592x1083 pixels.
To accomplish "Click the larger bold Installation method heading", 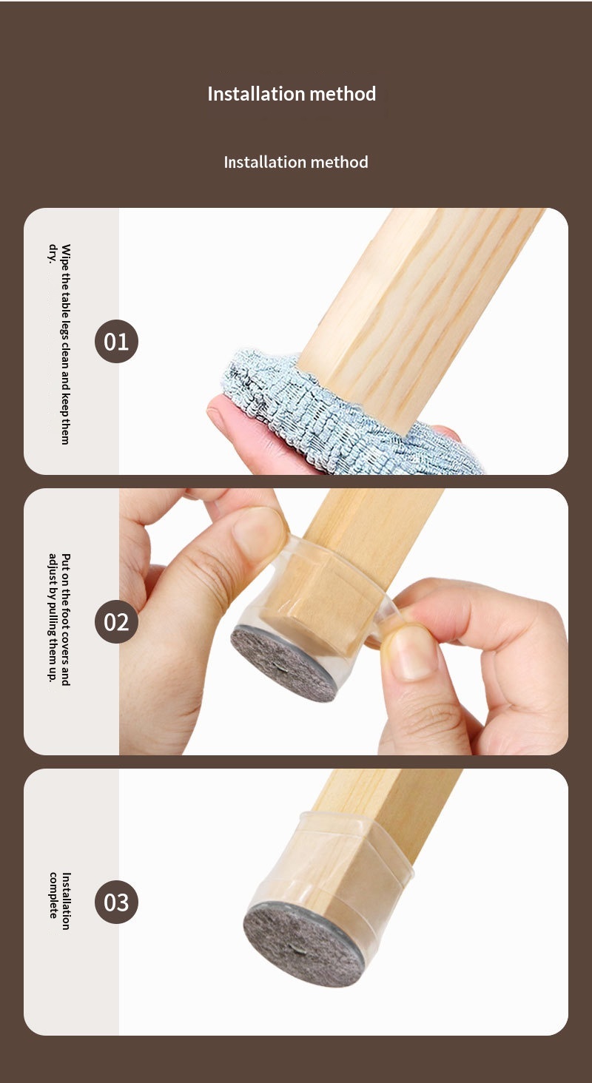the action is pos(292,94).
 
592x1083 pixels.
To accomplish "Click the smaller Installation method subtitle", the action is pos(296,162).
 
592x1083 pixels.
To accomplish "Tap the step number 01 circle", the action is pos(117,341).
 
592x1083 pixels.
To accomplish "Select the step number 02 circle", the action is pos(117,621).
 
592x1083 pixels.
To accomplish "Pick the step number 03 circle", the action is pos(117,902).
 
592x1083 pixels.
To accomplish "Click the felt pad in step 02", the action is pos(283,662).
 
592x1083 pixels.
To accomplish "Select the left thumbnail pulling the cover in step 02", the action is pos(259,532).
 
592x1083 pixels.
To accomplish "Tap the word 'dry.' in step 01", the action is pos(53,253).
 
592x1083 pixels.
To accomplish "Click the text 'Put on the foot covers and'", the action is pos(66,620).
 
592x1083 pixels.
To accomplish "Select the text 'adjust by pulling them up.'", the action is pos(53,618).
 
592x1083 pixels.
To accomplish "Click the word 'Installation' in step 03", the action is pos(66,901).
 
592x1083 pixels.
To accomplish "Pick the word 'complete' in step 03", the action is pos(53,895).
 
